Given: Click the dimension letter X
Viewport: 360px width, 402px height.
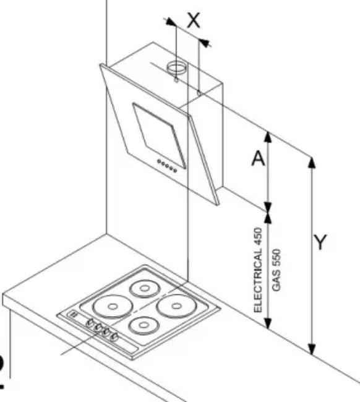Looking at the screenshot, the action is click(x=194, y=20).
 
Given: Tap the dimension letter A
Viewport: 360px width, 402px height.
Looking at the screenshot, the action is click(x=258, y=158).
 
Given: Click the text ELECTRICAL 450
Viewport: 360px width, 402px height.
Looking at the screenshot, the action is click(x=258, y=270).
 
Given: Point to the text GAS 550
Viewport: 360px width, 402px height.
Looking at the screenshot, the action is click(x=276, y=270).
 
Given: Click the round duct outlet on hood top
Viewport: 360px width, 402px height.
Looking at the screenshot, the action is click(x=177, y=67).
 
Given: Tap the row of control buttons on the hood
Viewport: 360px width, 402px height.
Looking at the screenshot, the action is click(x=167, y=166).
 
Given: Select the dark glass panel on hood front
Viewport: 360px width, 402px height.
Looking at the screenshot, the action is click(x=159, y=135).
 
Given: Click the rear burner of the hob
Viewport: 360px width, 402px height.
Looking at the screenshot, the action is click(x=145, y=289).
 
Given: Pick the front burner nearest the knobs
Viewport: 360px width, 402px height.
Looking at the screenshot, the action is click(x=144, y=325).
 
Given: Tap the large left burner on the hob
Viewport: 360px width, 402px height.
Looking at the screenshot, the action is click(x=113, y=307).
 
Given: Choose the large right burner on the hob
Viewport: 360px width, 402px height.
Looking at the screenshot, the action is click(x=176, y=306).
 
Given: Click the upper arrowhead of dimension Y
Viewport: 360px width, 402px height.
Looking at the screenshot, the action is click(x=312, y=163).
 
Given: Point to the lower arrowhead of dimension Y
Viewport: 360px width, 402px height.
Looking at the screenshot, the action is click(x=312, y=349).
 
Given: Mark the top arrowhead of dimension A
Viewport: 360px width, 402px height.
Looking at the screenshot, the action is click(x=268, y=137).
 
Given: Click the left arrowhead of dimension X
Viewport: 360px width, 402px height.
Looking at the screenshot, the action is click(x=171, y=22).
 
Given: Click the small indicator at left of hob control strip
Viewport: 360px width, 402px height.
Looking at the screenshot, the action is click(x=73, y=314).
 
